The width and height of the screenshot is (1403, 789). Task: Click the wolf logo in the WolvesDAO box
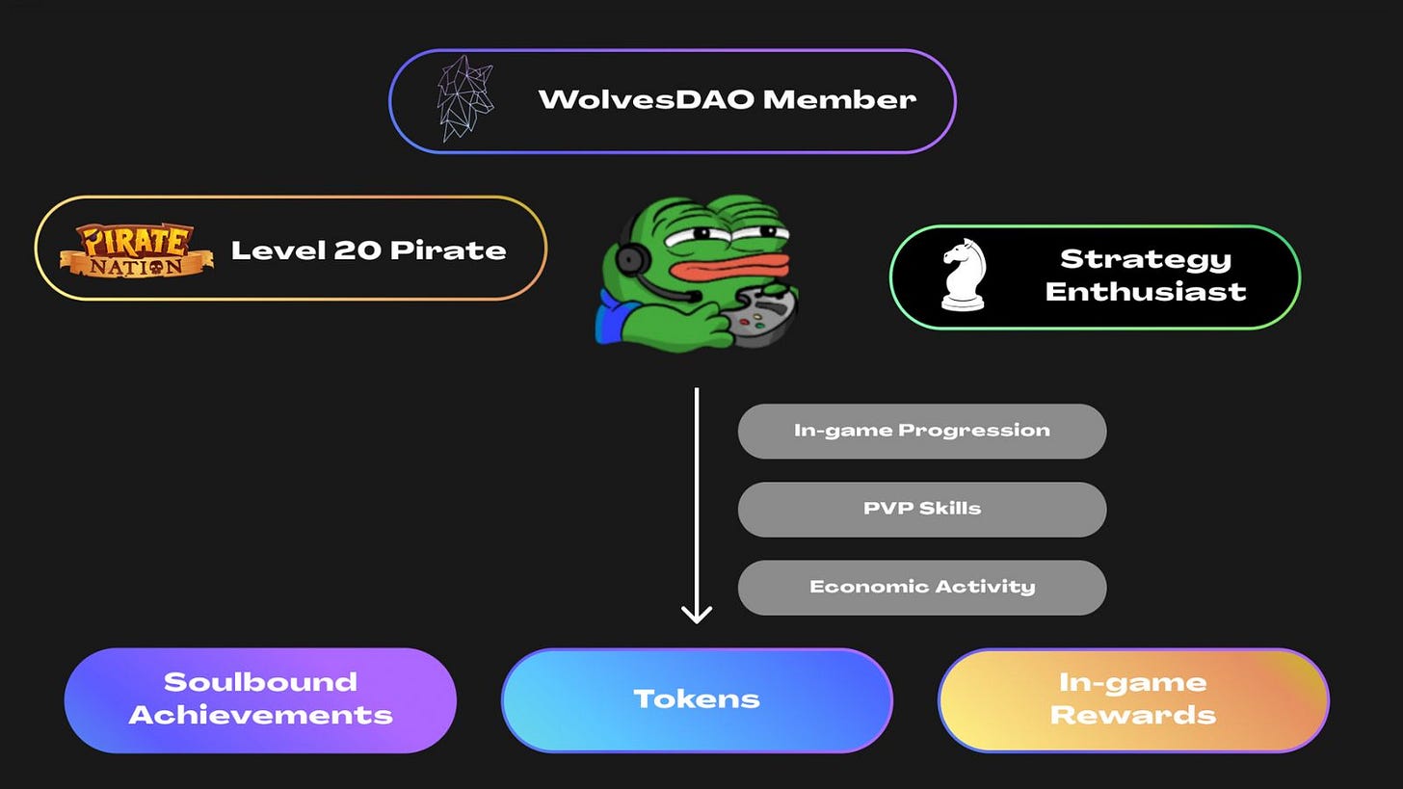tap(464, 98)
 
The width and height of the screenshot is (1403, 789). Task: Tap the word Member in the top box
tap(839, 99)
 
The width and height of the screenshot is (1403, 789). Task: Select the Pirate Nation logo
tap(137, 250)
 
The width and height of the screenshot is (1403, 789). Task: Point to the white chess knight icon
tap(964, 275)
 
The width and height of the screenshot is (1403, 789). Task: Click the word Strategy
tap(1146, 260)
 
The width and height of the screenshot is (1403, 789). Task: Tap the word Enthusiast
tap(1146, 292)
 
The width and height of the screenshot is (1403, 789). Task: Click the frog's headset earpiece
tap(630, 258)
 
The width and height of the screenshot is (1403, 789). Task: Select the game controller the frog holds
tap(761, 316)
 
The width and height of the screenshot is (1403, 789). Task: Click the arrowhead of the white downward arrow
tap(697, 614)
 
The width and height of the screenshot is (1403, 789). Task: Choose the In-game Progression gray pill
tap(922, 431)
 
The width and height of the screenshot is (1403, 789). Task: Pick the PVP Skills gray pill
tap(922, 509)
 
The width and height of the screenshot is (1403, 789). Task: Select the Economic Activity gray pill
tap(922, 588)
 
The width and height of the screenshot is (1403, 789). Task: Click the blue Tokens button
tap(697, 700)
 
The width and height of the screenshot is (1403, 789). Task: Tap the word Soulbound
tap(260, 682)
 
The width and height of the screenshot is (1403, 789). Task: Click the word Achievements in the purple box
tap(260, 715)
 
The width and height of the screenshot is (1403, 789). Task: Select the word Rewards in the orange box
tap(1133, 715)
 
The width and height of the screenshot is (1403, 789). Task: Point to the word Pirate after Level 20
tap(448, 250)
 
